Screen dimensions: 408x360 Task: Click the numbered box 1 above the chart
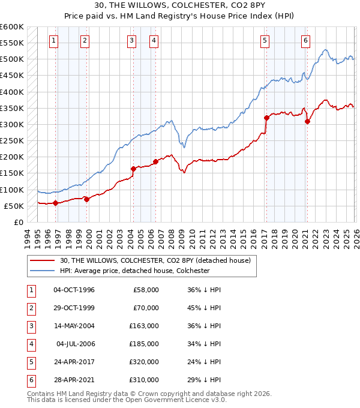tap(53, 41)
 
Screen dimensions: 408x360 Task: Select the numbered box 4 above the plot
tap(154, 41)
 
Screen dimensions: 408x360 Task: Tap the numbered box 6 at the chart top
tap(305, 41)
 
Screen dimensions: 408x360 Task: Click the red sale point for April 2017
tap(266, 118)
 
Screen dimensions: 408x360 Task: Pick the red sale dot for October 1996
tap(56, 203)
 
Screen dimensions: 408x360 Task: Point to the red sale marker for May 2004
tap(133, 169)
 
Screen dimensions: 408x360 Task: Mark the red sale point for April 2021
tap(307, 121)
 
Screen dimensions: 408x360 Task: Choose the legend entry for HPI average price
tap(134, 271)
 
